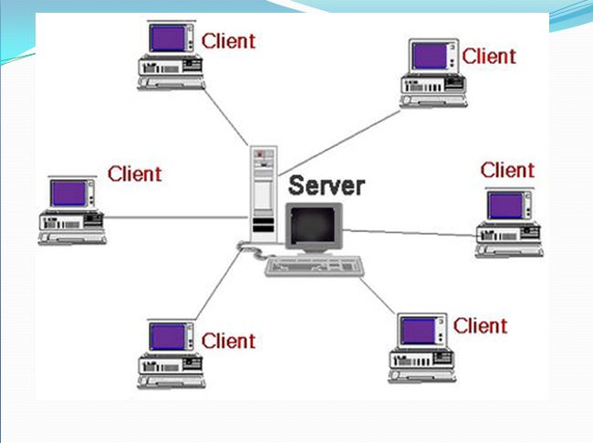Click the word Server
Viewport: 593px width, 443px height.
[327, 185]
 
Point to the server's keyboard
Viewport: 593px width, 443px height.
[314, 266]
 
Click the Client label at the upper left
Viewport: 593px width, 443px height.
[228, 40]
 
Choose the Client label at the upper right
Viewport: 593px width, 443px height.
[489, 55]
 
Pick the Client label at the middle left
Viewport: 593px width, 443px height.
[134, 173]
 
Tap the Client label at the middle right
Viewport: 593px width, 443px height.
[507, 169]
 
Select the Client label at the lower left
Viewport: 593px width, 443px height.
[228, 341]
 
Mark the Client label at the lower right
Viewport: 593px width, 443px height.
[480, 325]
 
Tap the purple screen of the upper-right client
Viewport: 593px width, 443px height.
[430, 55]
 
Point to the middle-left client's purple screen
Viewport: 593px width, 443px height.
[69, 192]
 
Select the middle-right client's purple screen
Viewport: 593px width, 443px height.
[505, 204]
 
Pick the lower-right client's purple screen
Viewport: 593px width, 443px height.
[419, 332]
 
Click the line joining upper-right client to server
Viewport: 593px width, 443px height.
[342, 141]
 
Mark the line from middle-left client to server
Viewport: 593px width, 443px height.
[173, 217]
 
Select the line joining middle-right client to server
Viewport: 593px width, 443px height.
[411, 232]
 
